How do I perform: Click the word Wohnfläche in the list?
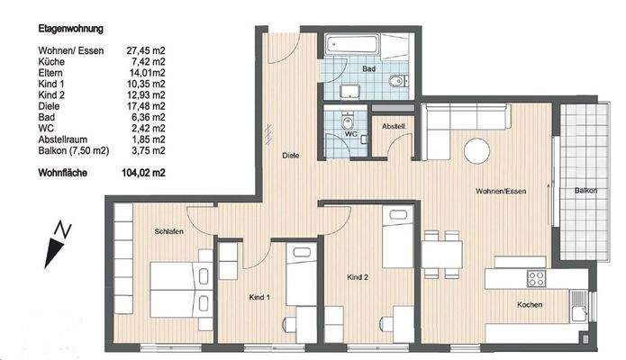pos(63,171)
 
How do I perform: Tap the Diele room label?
pos(290,154)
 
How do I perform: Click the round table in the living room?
pos(477,150)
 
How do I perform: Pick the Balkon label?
pos(585,192)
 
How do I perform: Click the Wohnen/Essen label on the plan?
pos(502,192)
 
